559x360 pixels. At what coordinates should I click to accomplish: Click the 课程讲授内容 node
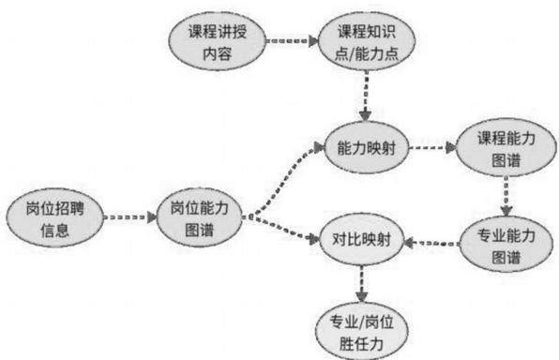click(x=217, y=41)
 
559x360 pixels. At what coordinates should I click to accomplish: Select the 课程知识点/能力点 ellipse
click(x=367, y=41)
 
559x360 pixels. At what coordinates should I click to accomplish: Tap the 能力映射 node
click(x=366, y=147)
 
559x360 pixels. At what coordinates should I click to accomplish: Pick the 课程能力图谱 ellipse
click(x=506, y=147)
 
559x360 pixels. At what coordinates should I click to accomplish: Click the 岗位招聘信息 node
click(x=55, y=217)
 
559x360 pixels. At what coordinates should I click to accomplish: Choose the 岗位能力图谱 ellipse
click(x=199, y=217)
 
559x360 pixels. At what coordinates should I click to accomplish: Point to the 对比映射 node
click(x=361, y=239)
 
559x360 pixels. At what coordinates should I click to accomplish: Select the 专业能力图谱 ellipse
click(x=506, y=245)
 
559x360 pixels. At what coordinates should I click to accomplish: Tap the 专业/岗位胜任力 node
click(x=361, y=332)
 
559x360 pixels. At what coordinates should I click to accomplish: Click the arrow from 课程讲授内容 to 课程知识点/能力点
click(x=292, y=41)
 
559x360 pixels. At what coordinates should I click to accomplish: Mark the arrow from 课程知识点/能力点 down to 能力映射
click(x=366, y=97)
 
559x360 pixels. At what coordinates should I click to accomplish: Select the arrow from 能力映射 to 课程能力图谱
click(x=432, y=147)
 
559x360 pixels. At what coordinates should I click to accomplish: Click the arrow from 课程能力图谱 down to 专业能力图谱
click(x=506, y=196)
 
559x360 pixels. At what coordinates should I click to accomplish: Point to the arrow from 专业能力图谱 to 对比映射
click(x=431, y=243)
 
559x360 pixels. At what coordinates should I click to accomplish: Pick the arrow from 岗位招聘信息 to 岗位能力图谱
click(x=130, y=217)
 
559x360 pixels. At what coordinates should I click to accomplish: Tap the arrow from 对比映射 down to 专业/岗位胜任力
click(x=361, y=284)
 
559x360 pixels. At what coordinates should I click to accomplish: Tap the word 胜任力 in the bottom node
click(x=361, y=344)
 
